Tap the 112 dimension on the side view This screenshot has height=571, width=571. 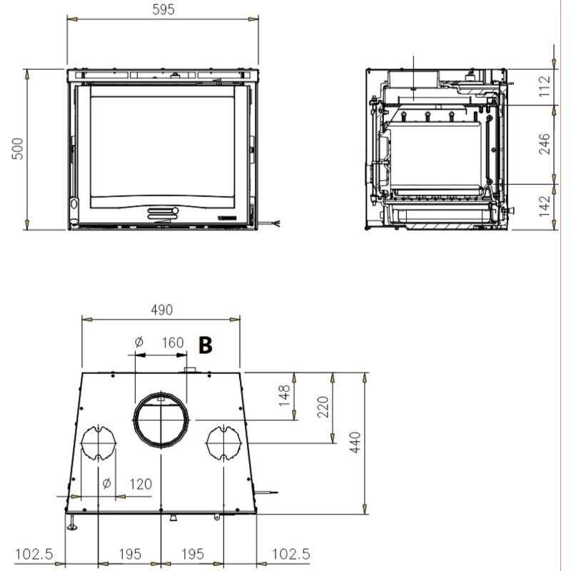click(545, 86)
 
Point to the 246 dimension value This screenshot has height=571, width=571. click(545, 145)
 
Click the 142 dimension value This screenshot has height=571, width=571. click(545, 206)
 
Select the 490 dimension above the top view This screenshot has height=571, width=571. click(162, 310)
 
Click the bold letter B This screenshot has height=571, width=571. click(206, 346)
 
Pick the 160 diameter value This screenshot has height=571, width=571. click(172, 342)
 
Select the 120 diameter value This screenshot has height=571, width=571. click(141, 484)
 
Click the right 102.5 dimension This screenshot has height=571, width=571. click(290, 554)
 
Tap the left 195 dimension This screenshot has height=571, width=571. click(129, 554)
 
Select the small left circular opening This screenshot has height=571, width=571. click(98, 442)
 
